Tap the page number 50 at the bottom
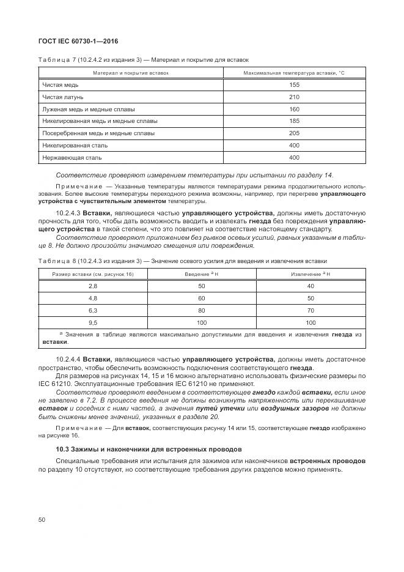(x=42, y=519)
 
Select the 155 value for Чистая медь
(x=294, y=85)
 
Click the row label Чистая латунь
(x=63, y=97)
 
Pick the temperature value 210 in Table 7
(x=294, y=97)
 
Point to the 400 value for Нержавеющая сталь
(x=294, y=157)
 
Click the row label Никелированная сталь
(x=72, y=145)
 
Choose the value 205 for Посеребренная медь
(x=294, y=133)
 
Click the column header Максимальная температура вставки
(x=294, y=73)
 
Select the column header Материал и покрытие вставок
(x=130, y=73)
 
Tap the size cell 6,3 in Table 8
(x=93, y=310)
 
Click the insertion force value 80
(x=202, y=310)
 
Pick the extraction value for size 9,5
(x=310, y=322)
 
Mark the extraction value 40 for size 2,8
(x=310, y=286)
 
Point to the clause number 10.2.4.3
(x=68, y=212)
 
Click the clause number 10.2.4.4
(x=68, y=358)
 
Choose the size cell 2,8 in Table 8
(x=93, y=286)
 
